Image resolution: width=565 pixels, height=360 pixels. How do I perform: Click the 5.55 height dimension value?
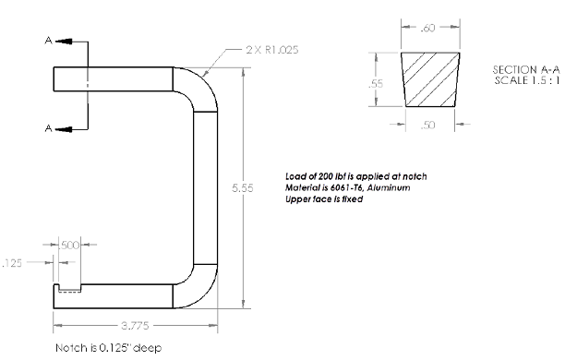point(243,187)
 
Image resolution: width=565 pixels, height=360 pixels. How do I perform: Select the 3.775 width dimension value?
point(135,326)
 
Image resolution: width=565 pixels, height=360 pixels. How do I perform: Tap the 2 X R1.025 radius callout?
point(272,50)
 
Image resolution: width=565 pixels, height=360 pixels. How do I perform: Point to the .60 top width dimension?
point(427,28)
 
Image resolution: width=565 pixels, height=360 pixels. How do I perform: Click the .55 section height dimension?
point(376,84)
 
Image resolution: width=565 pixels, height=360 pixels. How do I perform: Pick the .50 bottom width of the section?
point(427,125)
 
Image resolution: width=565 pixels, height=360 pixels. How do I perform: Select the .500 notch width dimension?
point(68,245)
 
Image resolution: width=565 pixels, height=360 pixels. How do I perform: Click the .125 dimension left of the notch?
point(12,263)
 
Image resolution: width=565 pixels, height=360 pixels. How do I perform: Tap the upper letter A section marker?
point(49,41)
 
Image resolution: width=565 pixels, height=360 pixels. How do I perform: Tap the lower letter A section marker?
point(49,128)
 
